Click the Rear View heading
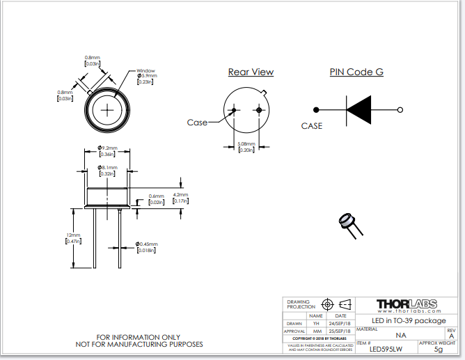pos(251,72)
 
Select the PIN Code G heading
pos(356,72)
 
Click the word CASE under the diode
pos(312,126)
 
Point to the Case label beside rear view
pos(197,123)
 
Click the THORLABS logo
pos(407,304)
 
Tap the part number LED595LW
pos(386,350)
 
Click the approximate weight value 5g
pos(438,350)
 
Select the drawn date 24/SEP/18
pos(340,323)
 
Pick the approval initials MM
pos(317,331)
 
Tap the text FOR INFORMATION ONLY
pos(139,336)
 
